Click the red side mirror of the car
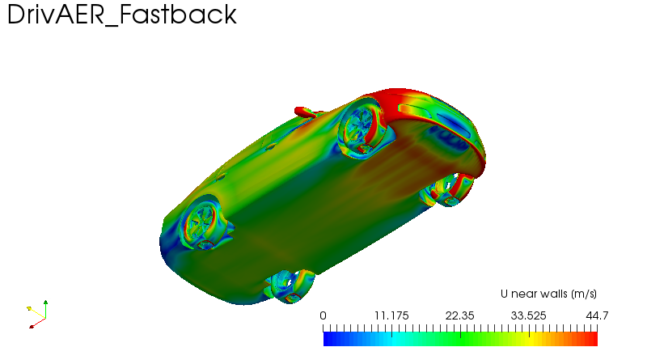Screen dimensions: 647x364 pos(304,112)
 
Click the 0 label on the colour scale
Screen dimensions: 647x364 pos(323,315)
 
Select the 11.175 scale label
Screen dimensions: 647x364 pos(391,315)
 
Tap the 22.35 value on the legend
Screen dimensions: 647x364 pos(459,315)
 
